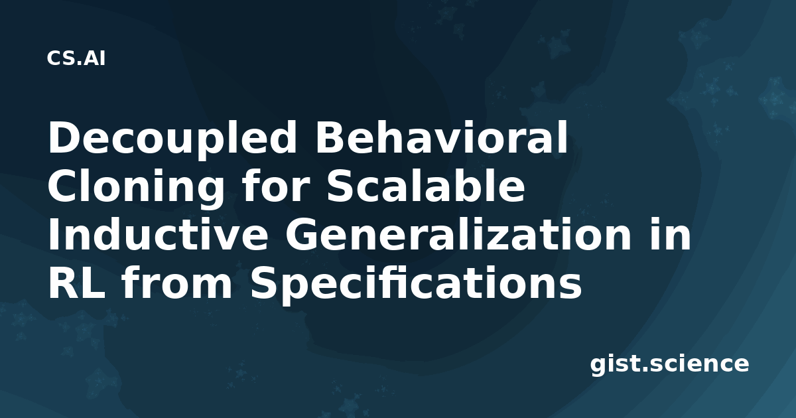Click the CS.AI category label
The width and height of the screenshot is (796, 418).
click(76, 58)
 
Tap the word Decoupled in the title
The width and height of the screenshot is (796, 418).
click(172, 139)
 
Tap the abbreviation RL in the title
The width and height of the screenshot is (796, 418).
click(76, 283)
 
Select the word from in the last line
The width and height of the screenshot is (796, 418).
click(177, 282)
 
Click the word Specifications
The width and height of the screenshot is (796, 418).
click(416, 285)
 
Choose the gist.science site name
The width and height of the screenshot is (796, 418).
click(669, 364)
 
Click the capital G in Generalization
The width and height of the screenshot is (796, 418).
click(306, 235)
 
